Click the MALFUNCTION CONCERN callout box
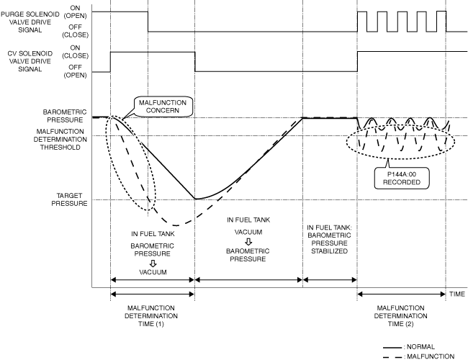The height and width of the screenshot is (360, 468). [x=161, y=108]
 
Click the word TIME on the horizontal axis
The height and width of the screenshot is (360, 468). [x=457, y=294]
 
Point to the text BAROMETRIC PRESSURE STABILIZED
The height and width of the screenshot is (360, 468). [x=329, y=239]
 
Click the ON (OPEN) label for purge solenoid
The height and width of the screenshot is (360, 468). [x=72, y=12]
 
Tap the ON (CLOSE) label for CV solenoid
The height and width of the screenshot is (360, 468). [x=72, y=52]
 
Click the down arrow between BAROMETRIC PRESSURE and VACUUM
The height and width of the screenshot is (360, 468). [x=152, y=263]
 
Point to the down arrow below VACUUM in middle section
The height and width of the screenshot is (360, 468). [x=248, y=241]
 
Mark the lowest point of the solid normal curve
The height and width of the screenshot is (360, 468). [x=194, y=199]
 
